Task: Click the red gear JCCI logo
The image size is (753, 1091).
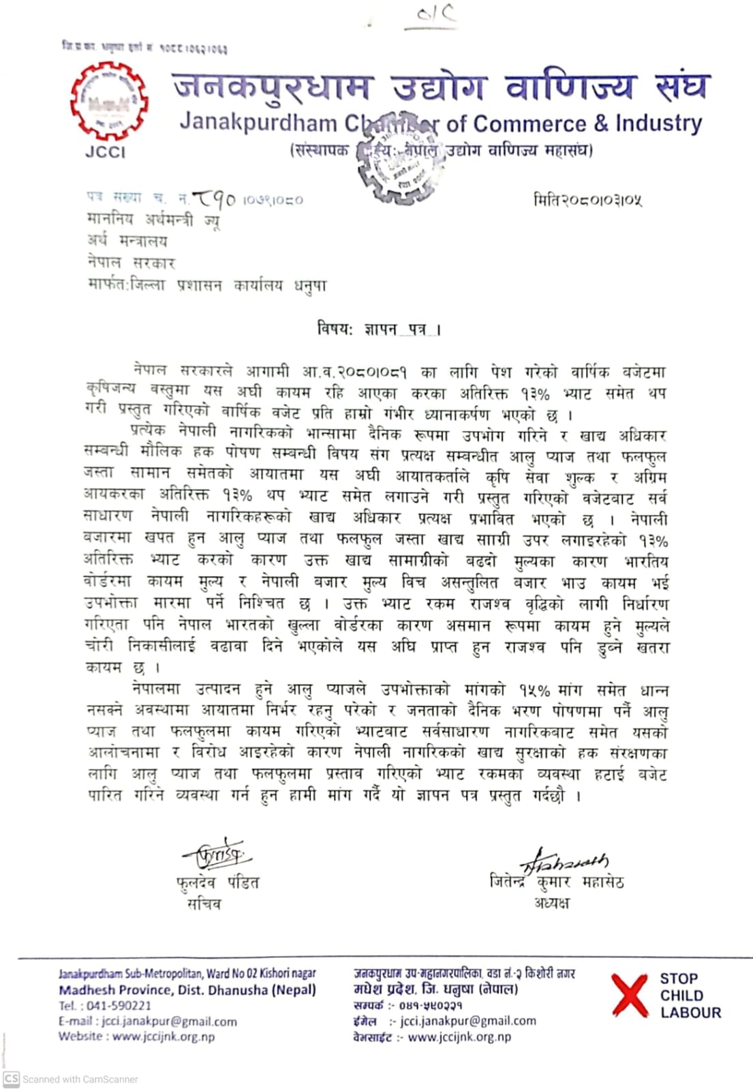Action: pyautogui.click(x=109, y=102)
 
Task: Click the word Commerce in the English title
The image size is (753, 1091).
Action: pyautogui.click(x=528, y=124)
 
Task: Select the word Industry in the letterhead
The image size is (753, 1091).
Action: pyautogui.click(x=658, y=124)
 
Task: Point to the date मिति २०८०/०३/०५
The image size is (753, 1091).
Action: pyautogui.click(x=587, y=200)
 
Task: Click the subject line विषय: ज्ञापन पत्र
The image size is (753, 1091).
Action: pyautogui.click(x=379, y=329)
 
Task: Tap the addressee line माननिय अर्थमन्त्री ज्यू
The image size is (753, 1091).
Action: pyautogui.click(x=153, y=220)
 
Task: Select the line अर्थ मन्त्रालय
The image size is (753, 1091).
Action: pyautogui.click(x=127, y=241)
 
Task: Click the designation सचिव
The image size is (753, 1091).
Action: pyautogui.click(x=204, y=904)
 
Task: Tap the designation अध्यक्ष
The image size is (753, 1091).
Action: pyautogui.click(x=551, y=903)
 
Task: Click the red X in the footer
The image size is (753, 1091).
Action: pyautogui.click(x=630, y=995)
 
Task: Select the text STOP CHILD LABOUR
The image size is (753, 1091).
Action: pyautogui.click(x=689, y=996)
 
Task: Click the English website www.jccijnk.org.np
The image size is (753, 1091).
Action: pyautogui.click(x=164, y=1036)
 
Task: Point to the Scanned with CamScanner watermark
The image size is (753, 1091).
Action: pyautogui.click(x=71, y=1079)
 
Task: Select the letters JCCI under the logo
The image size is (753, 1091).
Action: pyautogui.click(x=106, y=152)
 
